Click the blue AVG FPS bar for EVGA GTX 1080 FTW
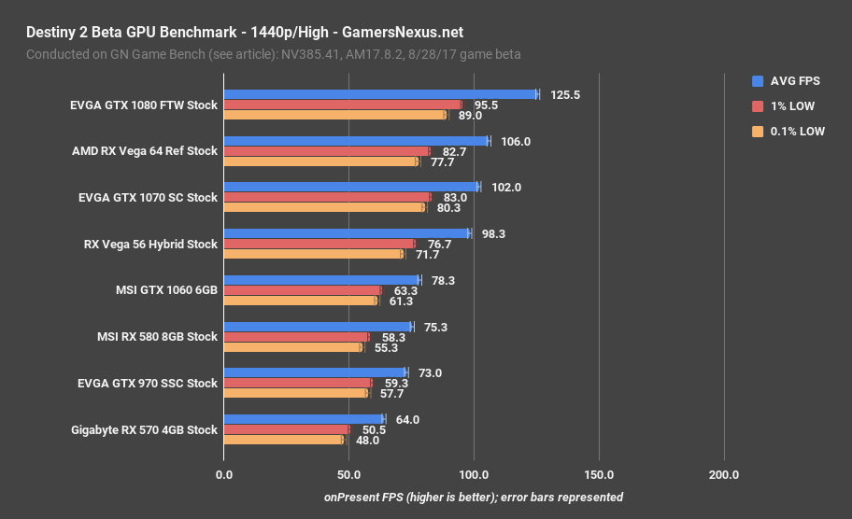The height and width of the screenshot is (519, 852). tap(380, 94)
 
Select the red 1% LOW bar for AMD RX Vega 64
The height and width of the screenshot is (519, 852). tap(327, 151)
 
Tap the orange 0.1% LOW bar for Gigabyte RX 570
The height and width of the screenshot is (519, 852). tap(283, 440)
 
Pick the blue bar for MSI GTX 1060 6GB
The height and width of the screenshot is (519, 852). tap(321, 280)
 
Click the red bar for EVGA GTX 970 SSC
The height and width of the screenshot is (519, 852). tap(297, 383)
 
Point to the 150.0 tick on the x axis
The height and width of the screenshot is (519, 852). tap(599, 475)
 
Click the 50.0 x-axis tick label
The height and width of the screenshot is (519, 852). tap(348, 475)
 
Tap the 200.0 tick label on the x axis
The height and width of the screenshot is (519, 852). tap(724, 475)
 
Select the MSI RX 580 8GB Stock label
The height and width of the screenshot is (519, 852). tap(157, 336)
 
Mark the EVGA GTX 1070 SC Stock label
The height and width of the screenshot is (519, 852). tap(148, 197)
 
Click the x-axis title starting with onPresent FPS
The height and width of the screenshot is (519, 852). tap(474, 498)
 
